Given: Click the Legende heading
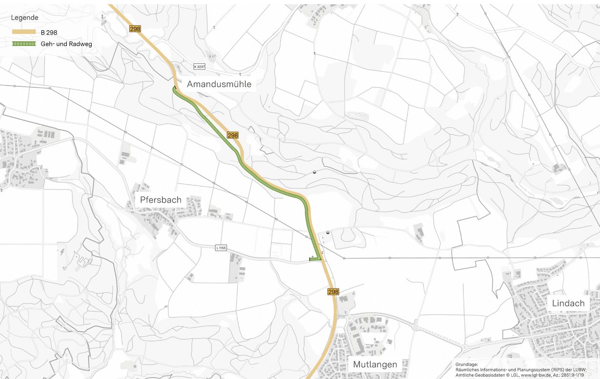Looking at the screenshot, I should (24, 18).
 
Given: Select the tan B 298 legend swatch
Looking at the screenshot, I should (24, 32).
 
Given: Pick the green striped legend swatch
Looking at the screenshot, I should (24, 44).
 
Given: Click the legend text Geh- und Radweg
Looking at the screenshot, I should (67, 44).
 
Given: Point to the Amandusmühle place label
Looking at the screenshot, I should (219, 84).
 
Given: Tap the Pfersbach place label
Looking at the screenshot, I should (160, 199).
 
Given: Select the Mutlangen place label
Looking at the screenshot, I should (375, 364).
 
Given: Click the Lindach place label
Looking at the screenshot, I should (568, 303).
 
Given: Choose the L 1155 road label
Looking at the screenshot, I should (221, 248).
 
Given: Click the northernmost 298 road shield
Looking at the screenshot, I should (135, 29).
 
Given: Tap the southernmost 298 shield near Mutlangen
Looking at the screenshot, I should (333, 292).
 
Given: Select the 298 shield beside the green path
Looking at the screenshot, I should (233, 135).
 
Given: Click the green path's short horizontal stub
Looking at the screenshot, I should (315, 259).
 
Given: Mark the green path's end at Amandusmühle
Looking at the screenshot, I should (174, 88).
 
